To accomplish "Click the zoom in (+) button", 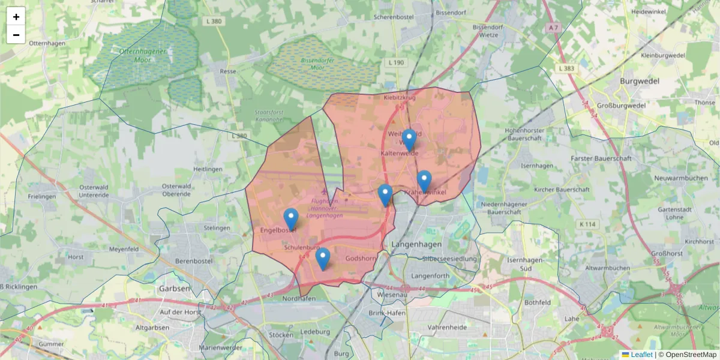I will click(x=16, y=17).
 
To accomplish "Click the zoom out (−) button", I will click(x=16, y=35).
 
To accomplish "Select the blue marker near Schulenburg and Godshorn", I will click(x=323, y=259).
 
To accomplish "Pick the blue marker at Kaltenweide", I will click(x=409, y=140).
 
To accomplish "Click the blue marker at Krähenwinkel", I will click(x=424, y=181).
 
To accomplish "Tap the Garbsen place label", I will click(x=175, y=288).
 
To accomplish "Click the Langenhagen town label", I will click(x=416, y=245).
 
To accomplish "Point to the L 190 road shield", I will click(x=396, y=62).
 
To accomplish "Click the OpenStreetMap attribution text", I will click(x=687, y=355).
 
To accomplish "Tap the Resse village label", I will click(x=228, y=71).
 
